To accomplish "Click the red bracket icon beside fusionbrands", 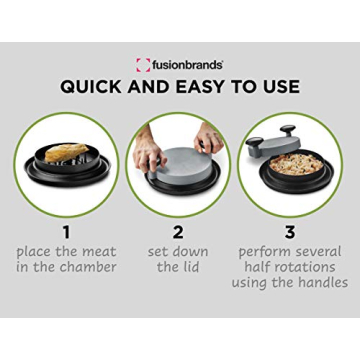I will coord(143,64).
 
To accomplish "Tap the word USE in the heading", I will coord(280,86).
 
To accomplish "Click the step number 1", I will coord(67,232).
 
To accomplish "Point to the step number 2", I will coord(178,232).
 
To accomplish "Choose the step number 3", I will coord(290,232).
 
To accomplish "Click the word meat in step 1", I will coord(96,252).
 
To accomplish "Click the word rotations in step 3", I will coord(306,268).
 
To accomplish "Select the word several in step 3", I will coord(317,252).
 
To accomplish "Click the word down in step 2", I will coord(194,252).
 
